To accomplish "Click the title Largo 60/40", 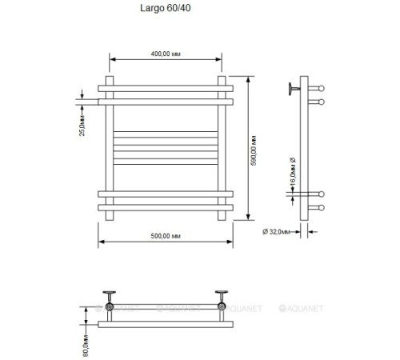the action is [166, 8].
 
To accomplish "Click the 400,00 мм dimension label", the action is [166, 54].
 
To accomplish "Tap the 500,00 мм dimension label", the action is [166, 236].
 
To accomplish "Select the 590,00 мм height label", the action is [254, 150].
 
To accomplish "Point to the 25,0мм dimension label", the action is [82, 126].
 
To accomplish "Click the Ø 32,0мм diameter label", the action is [276, 232].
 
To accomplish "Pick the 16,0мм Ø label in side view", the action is [293, 171].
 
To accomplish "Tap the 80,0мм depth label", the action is [86, 346].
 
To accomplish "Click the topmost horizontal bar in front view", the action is [166, 89].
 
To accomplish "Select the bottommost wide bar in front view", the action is [166, 208].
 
